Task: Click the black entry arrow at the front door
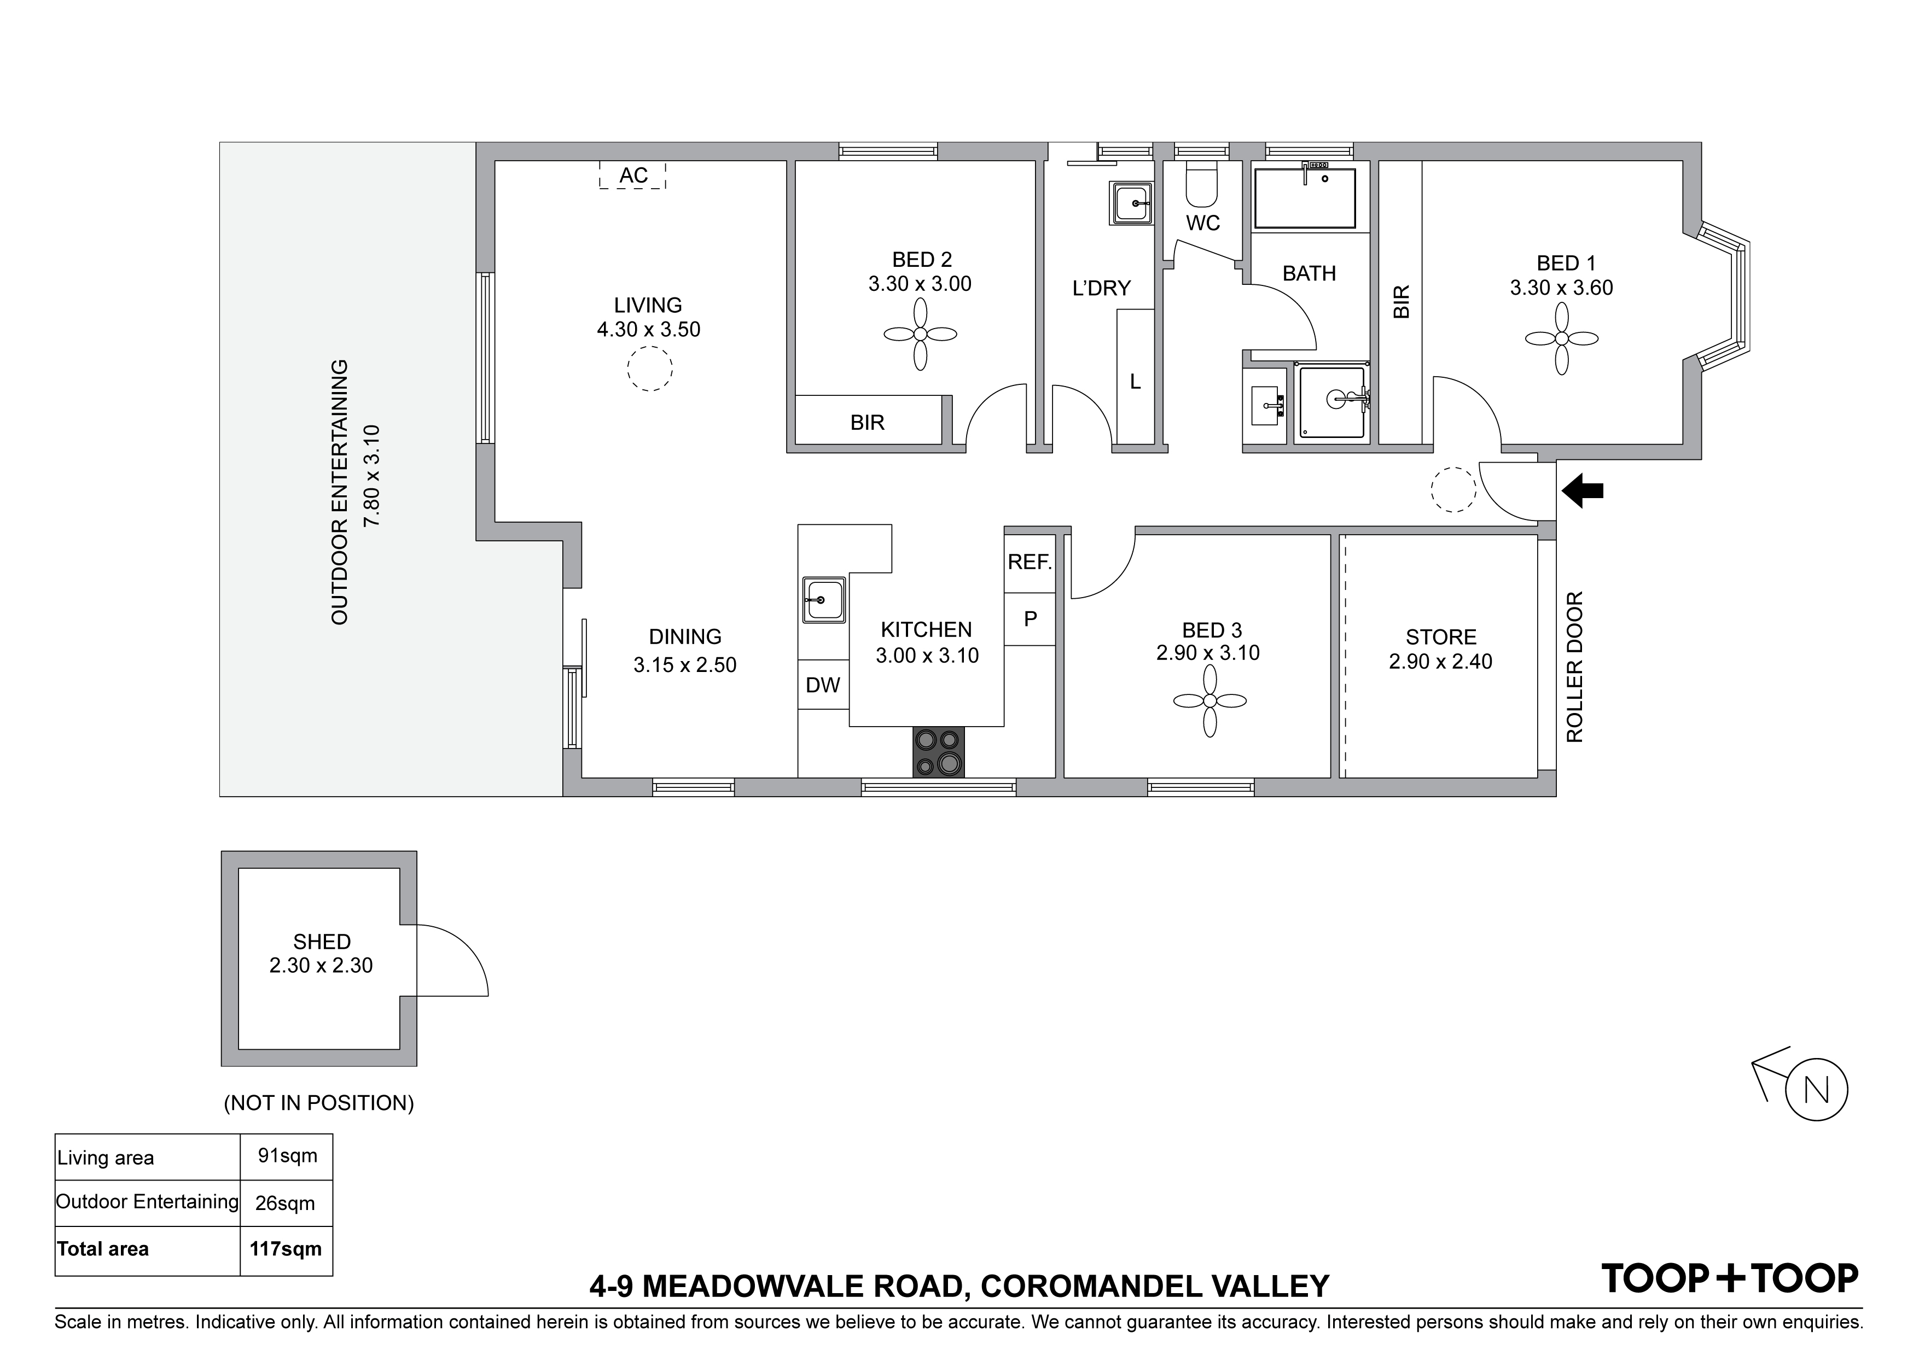(x=1582, y=491)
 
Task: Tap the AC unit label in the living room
(x=633, y=176)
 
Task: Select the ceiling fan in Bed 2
(x=920, y=334)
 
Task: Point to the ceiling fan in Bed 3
(x=1209, y=702)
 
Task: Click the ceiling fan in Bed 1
(x=1561, y=338)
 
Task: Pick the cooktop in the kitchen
(x=939, y=752)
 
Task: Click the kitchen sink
(x=823, y=600)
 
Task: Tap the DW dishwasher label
(x=822, y=685)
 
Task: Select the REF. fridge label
(x=1030, y=562)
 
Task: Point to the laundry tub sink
(x=1132, y=203)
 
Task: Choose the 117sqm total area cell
(x=286, y=1249)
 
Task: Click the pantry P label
(x=1031, y=619)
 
